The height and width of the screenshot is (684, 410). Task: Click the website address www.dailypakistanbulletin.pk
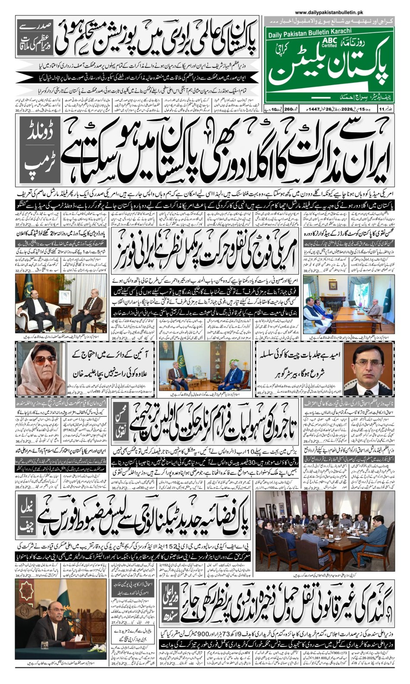point(329,13)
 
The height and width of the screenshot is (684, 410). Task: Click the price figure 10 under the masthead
point(276,108)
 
